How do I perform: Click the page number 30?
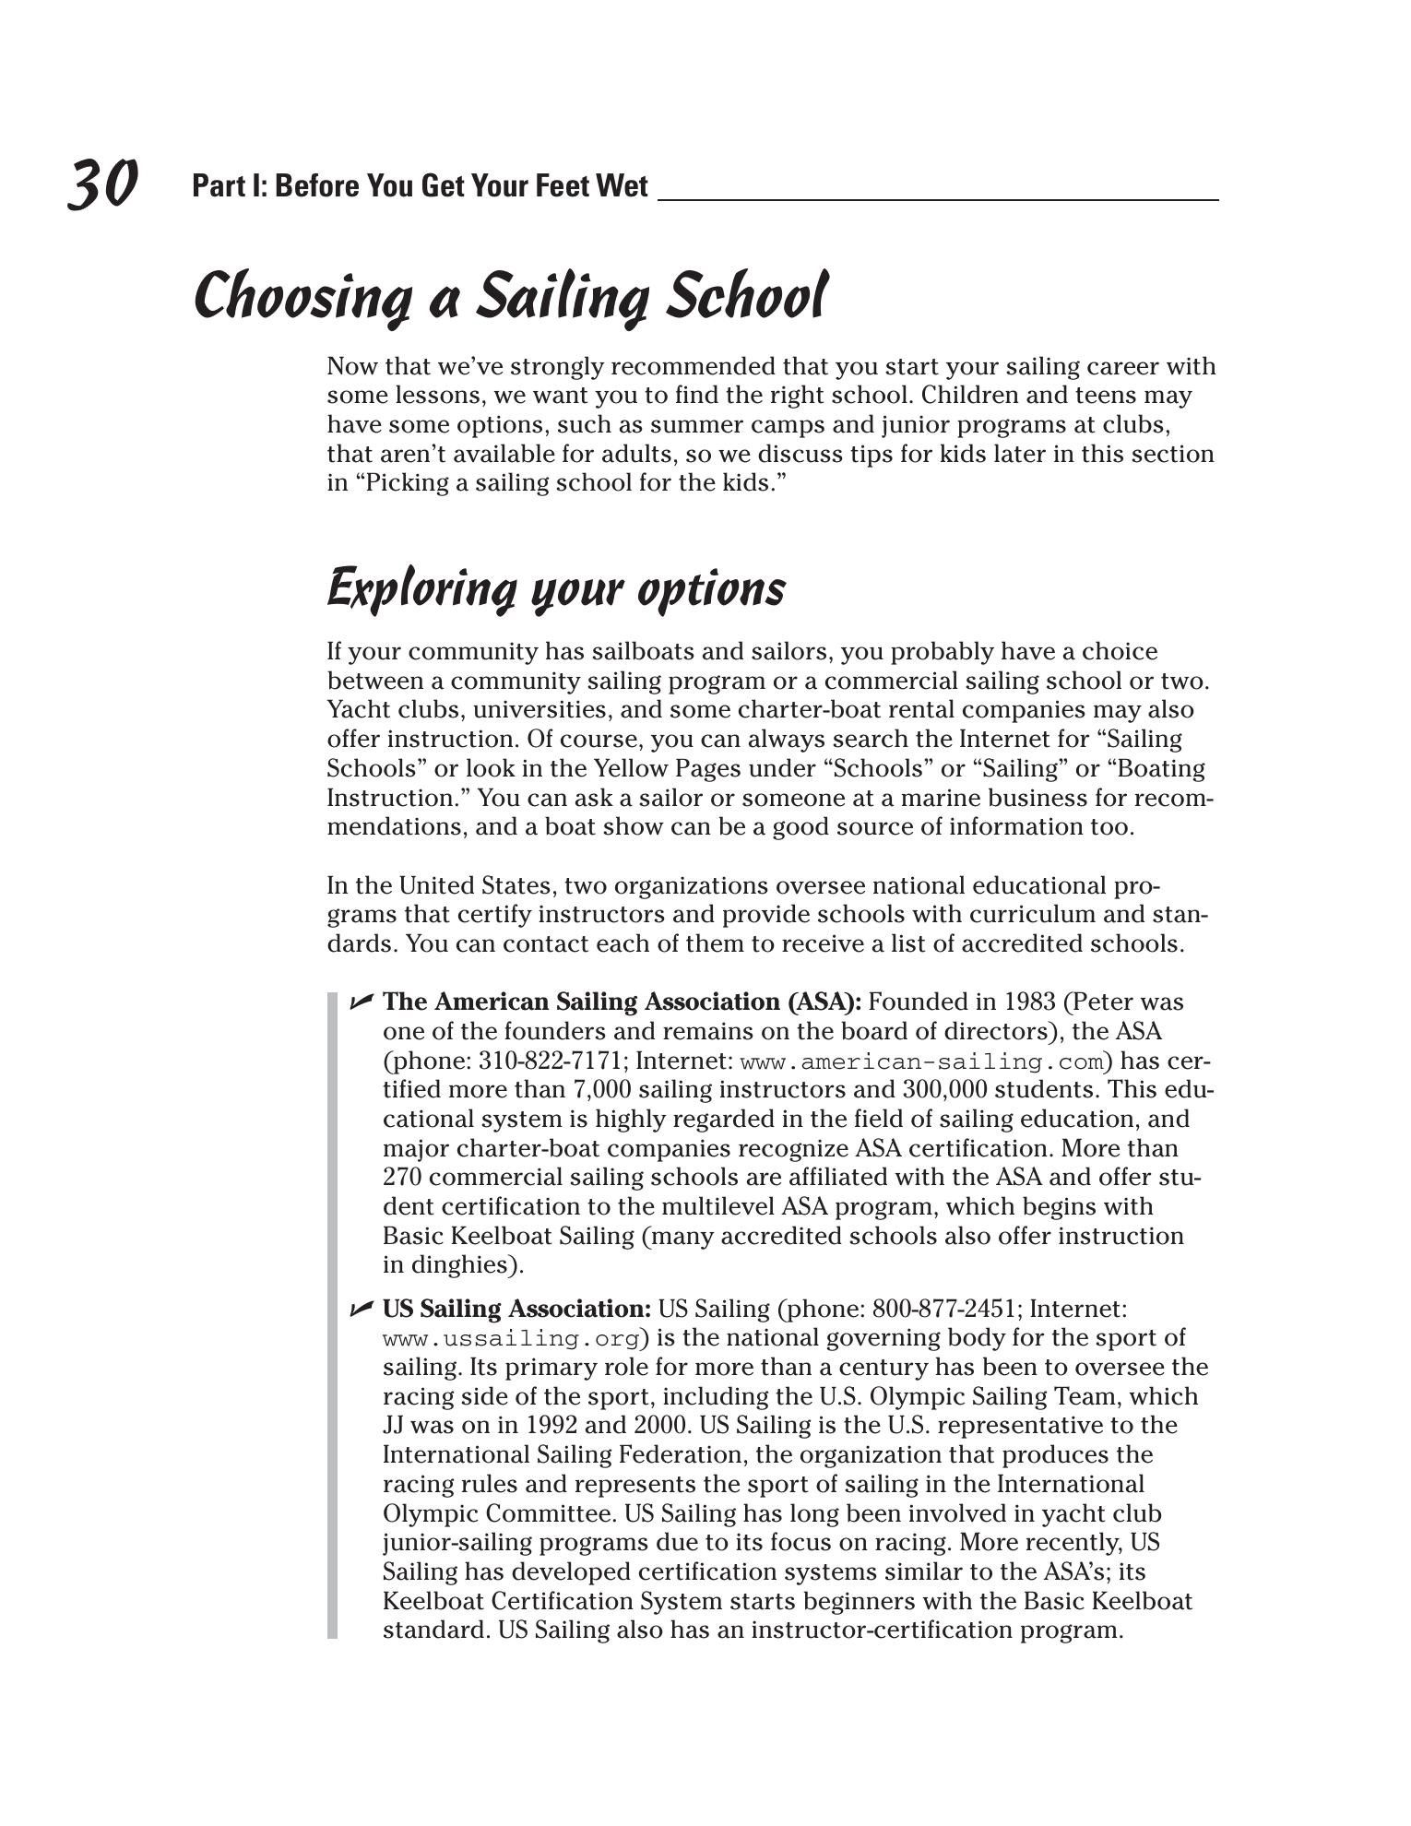tap(102, 184)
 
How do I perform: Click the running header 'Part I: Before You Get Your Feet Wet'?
tap(420, 186)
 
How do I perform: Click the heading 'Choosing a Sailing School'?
tap(510, 296)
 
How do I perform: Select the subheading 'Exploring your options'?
tap(556, 588)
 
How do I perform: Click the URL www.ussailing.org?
tap(511, 1339)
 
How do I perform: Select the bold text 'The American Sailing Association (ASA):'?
tap(622, 1002)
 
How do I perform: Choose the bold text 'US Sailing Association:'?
tap(516, 1309)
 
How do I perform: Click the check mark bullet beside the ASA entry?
tap(361, 1002)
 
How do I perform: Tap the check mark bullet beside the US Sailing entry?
tap(361, 1309)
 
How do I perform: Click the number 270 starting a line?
tap(402, 1178)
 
